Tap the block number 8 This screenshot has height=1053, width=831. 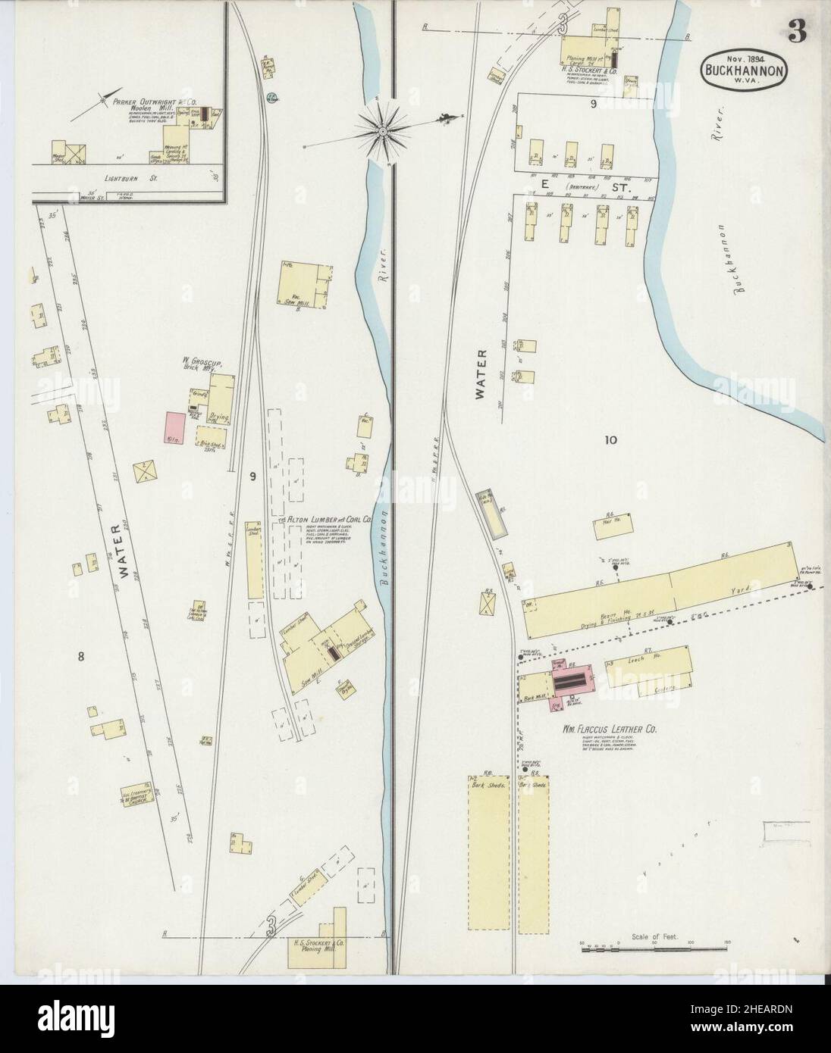80,656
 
